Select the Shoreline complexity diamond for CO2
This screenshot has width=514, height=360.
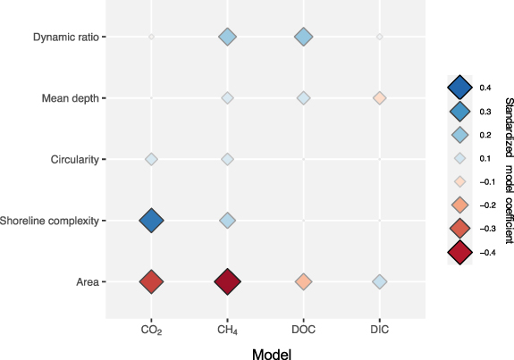coord(151,220)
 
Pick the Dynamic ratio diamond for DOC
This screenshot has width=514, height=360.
coord(304,37)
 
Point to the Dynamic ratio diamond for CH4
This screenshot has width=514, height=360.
coord(227,37)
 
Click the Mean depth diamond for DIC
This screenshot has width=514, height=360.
coord(380,97)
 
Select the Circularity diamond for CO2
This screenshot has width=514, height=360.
coord(151,159)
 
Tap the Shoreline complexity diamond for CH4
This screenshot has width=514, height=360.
coord(227,220)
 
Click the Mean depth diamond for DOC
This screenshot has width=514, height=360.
coord(304,97)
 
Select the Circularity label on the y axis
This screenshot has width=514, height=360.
coord(74,159)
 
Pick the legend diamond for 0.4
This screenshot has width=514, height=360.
coord(459,87)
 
